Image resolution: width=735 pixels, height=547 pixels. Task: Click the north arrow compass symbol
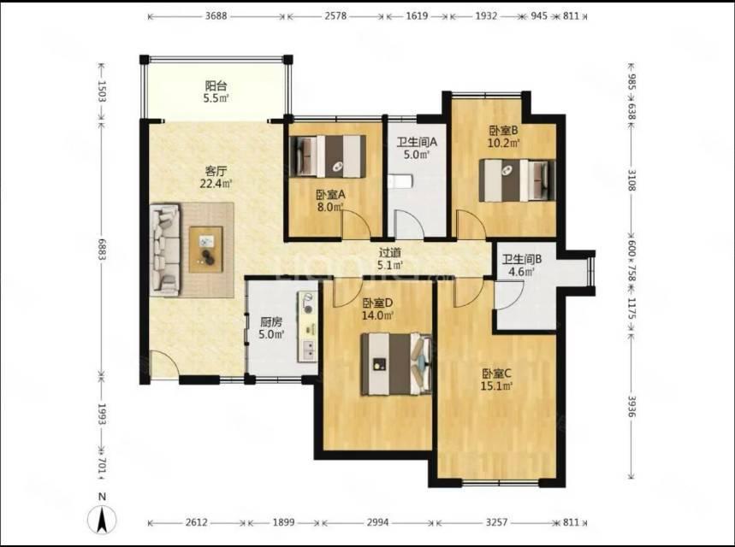pyautogui.click(x=102, y=520)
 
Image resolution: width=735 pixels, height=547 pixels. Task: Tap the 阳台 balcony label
pyautogui.click(x=216, y=86)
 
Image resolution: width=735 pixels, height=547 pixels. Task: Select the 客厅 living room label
pyautogui.click(x=216, y=170)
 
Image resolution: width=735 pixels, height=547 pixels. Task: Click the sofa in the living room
pyautogui.click(x=165, y=250)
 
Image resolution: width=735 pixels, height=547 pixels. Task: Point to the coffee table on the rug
pyautogui.click(x=205, y=250)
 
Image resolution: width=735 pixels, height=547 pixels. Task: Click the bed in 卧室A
pyautogui.click(x=327, y=156)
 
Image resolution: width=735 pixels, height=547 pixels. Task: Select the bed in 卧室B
pyautogui.click(x=517, y=180)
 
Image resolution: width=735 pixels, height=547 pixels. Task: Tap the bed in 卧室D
pyautogui.click(x=396, y=364)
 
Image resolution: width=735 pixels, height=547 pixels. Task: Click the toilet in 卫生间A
pyautogui.click(x=400, y=181)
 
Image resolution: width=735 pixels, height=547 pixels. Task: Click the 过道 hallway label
pyautogui.click(x=390, y=252)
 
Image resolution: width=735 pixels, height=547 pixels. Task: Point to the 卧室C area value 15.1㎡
pyautogui.click(x=496, y=386)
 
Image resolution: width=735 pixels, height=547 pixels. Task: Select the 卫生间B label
pyautogui.click(x=522, y=259)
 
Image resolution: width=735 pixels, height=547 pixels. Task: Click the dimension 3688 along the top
pyautogui.click(x=216, y=16)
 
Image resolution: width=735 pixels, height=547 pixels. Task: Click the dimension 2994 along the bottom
pyautogui.click(x=378, y=522)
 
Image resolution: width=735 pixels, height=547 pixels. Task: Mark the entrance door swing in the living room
pyautogui.click(x=165, y=364)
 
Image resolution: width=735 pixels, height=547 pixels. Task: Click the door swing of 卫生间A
pyautogui.click(x=410, y=224)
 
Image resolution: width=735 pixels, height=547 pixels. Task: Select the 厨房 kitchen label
pyautogui.click(x=271, y=322)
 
